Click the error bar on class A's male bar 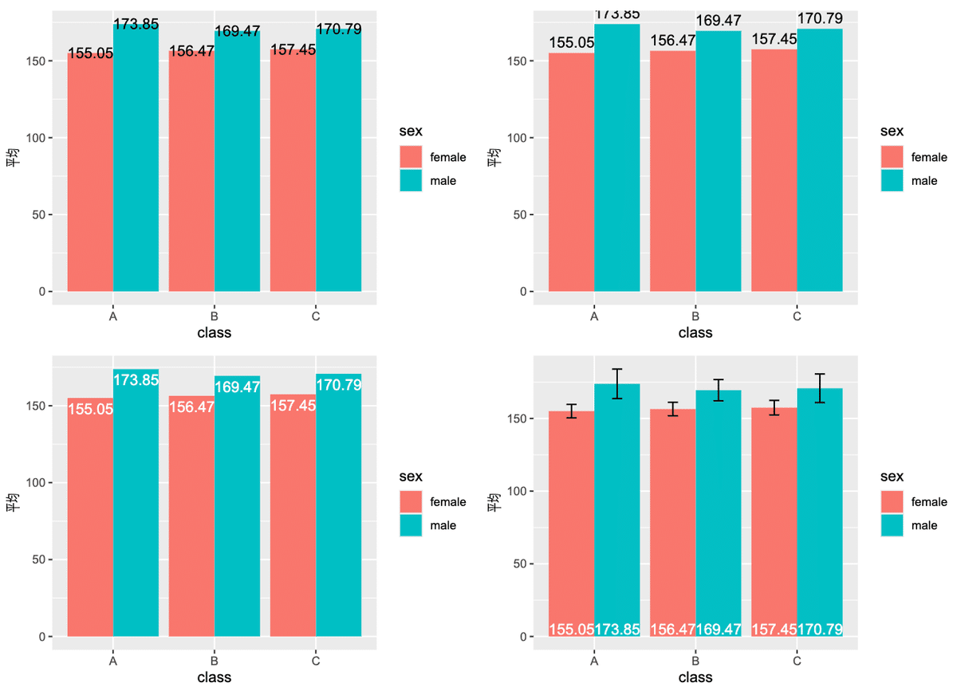click(x=617, y=383)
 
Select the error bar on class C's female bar click(x=774, y=407)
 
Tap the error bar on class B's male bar click(x=719, y=390)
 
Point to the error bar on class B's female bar click(x=672, y=409)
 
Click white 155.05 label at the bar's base click(x=571, y=629)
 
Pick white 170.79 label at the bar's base click(x=820, y=629)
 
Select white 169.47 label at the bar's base click(x=719, y=629)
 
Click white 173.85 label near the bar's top click(x=136, y=380)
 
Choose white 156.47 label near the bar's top click(x=191, y=407)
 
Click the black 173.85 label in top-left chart click(x=136, y=24)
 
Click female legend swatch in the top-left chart click(x=411, y=157)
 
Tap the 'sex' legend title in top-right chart click(x=892, y=131)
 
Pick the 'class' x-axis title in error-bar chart click(x=695, y=677)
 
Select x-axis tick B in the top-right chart click(x=695, y=316)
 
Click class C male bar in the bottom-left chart click(x=338, y=510)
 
